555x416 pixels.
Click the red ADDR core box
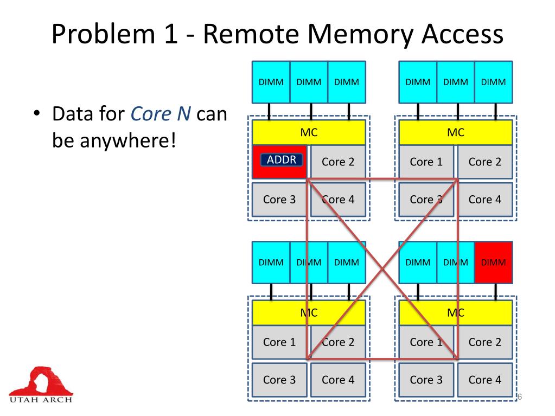coord(279,162)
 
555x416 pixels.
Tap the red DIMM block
coord(493,263)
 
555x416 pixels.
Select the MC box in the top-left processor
coord(309,133)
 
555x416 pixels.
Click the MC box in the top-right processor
coord(455,133)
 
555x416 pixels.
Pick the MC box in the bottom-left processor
coord(309,313)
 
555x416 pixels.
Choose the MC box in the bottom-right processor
coord(455,313)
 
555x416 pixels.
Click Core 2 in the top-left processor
coord(338,162)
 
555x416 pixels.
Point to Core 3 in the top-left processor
coord(279,200)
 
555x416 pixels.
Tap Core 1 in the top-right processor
coord(426,162)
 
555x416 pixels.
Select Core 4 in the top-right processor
coord(484,200)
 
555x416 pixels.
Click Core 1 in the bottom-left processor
coord(279,342)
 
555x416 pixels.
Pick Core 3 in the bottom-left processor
coord(279,380)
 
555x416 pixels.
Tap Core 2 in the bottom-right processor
coord(484,342)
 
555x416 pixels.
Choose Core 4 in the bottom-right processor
coord(484,380)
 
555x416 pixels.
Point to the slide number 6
coord(519,398)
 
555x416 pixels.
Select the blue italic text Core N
coord(161,114)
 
